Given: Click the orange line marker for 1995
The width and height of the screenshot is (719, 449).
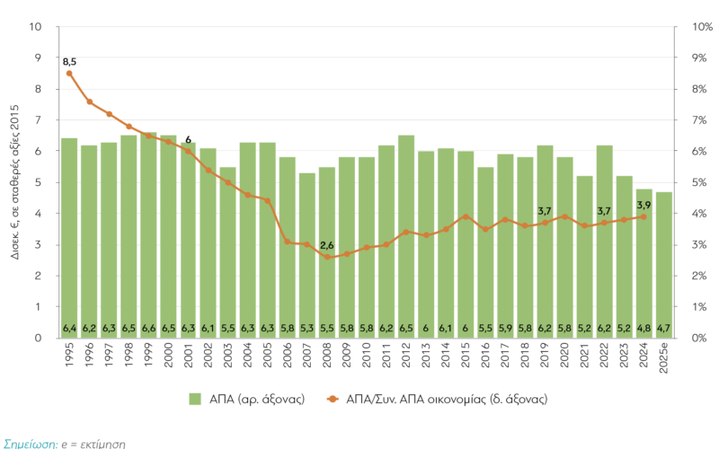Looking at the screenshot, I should pos(69,73).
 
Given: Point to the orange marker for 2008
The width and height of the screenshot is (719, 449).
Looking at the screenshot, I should pos(327,258).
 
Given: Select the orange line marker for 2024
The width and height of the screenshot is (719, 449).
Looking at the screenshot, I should pos(644,216).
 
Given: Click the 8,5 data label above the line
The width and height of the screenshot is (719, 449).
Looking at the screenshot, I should pos(69,60).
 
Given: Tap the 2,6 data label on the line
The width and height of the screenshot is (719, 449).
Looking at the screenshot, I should pos(327,245).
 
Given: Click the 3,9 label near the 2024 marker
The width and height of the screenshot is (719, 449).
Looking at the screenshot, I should pos(644,205).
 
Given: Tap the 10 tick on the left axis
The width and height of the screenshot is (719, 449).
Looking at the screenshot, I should pos(36,27).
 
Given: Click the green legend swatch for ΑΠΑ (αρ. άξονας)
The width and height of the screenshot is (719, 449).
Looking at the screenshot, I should pos(195,398).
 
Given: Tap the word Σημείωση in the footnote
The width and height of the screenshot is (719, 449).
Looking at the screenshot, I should pos(30,443).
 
